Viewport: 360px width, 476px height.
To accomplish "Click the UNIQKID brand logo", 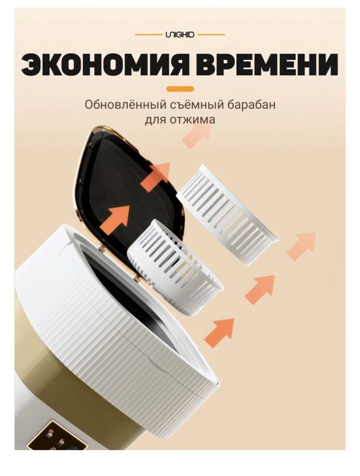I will (x=180, y=34).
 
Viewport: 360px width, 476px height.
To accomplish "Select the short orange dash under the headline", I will (x=180, y=89).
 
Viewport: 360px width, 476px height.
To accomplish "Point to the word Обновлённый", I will (x=122, y=106).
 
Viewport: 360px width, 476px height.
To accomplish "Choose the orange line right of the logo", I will (x=211, y=34).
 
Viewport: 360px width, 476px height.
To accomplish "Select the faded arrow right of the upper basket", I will (x=301, y=244).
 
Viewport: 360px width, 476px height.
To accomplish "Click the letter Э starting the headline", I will (x=32, y=65).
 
